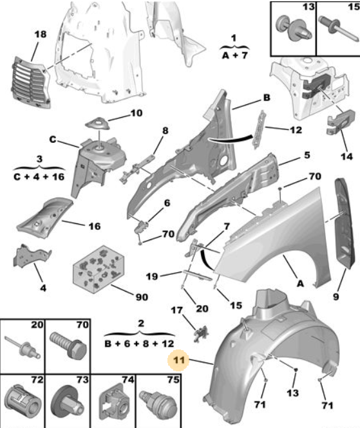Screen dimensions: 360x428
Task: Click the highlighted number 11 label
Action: (x=179, y=360)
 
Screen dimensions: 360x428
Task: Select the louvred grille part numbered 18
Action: (x=31, y=82)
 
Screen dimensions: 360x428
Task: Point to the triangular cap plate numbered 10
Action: (x=97, y=124)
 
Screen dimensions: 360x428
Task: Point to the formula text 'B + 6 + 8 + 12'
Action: (x=139, y=344)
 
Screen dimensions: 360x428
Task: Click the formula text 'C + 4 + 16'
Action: (x=39, y=176)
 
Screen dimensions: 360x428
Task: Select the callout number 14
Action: (x=346, y=156)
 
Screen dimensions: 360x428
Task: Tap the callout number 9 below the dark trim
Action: (x=336, y=296)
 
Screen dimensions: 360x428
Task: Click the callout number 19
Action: (x=152, y=276)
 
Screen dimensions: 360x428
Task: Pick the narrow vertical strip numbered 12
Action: (x=260, y=129)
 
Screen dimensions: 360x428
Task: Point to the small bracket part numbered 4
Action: (x=32, y=256)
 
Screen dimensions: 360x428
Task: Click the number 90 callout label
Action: (x=142, y=297)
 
